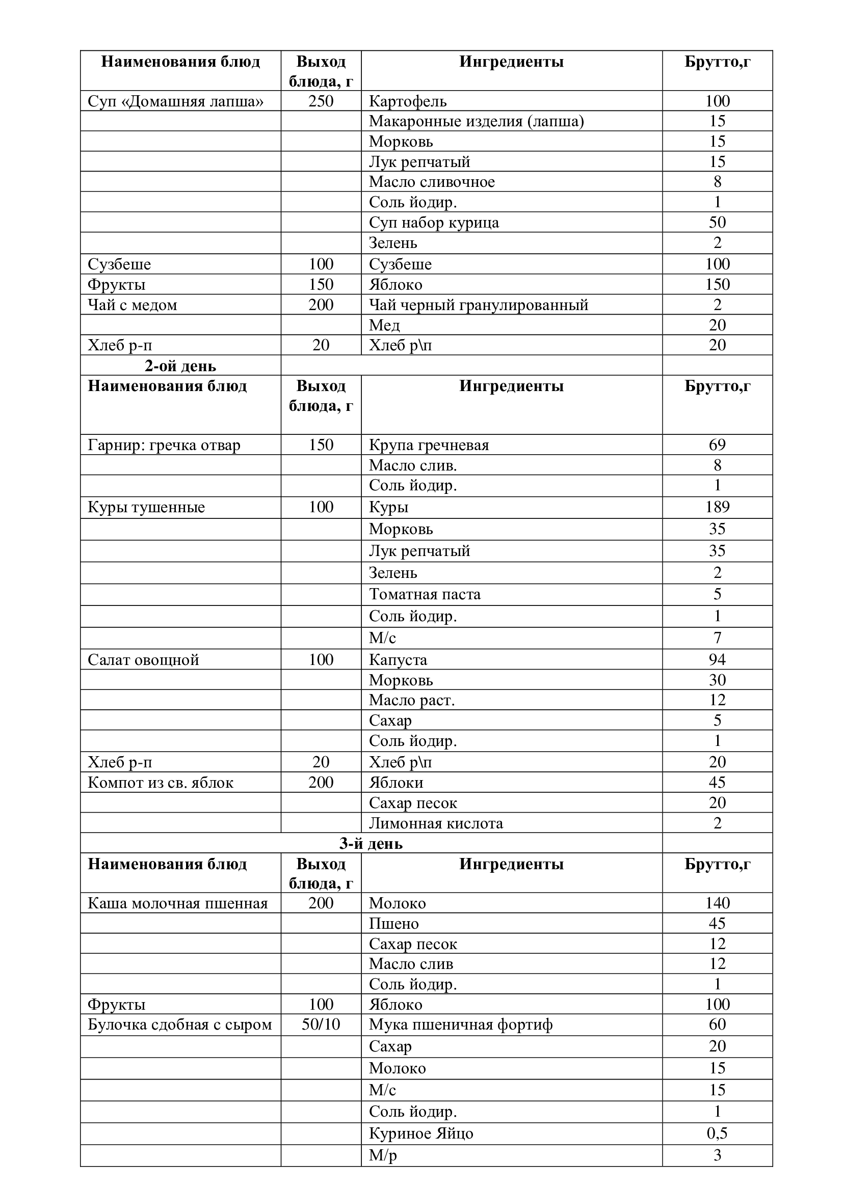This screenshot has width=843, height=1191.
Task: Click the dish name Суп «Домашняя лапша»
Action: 175,101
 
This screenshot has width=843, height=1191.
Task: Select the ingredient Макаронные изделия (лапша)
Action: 476,121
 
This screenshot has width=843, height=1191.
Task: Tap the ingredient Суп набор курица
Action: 433,223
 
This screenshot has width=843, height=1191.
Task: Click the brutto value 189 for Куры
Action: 717,507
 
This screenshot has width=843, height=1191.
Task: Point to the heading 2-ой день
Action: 180,366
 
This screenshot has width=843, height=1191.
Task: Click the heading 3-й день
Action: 371,843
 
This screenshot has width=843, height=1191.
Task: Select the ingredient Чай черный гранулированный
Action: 478,305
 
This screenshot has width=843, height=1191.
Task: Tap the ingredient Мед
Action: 384,325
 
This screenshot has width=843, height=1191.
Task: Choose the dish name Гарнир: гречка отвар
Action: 164,445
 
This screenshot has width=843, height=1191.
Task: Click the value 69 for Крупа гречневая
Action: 717,445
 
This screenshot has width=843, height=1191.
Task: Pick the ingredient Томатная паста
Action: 425,594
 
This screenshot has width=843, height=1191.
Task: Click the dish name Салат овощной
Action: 143,660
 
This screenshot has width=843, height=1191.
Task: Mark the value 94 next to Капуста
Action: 717,660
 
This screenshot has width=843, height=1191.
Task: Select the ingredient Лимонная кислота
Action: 435,823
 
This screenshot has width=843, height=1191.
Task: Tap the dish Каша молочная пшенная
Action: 177,903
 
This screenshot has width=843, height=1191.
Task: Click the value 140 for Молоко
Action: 717,903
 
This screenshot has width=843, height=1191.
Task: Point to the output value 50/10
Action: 321,1024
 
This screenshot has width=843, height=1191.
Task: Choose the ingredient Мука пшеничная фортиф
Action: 460,1024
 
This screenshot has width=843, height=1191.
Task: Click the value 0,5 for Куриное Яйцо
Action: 717,1133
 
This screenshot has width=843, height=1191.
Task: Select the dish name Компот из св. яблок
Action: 161,782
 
